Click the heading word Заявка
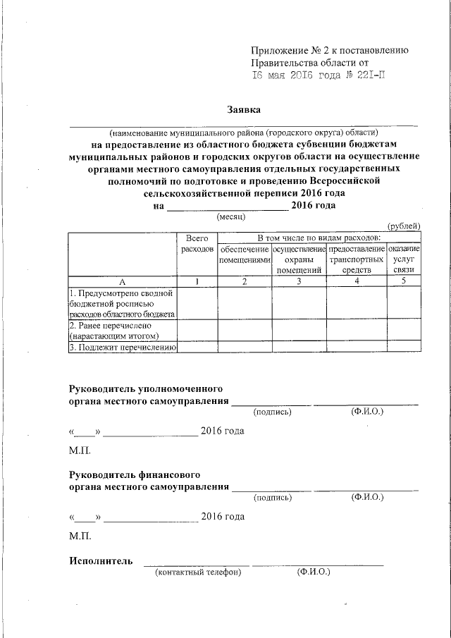[244, 111]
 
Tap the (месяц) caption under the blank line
[230, 217]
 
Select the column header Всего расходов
[195, 245]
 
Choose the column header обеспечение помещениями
[244, 255]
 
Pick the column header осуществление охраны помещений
[299, 259]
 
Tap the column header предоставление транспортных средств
[356, 259]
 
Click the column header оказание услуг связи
[404, 259]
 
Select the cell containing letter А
[122, 282]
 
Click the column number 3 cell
[299, 282]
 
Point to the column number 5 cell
[404, 282]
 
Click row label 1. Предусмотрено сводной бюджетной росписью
[122, 303]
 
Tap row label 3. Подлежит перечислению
[122, 347]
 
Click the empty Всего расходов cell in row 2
[195, 331]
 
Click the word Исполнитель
[101, 561]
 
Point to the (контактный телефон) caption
[198, 572]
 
